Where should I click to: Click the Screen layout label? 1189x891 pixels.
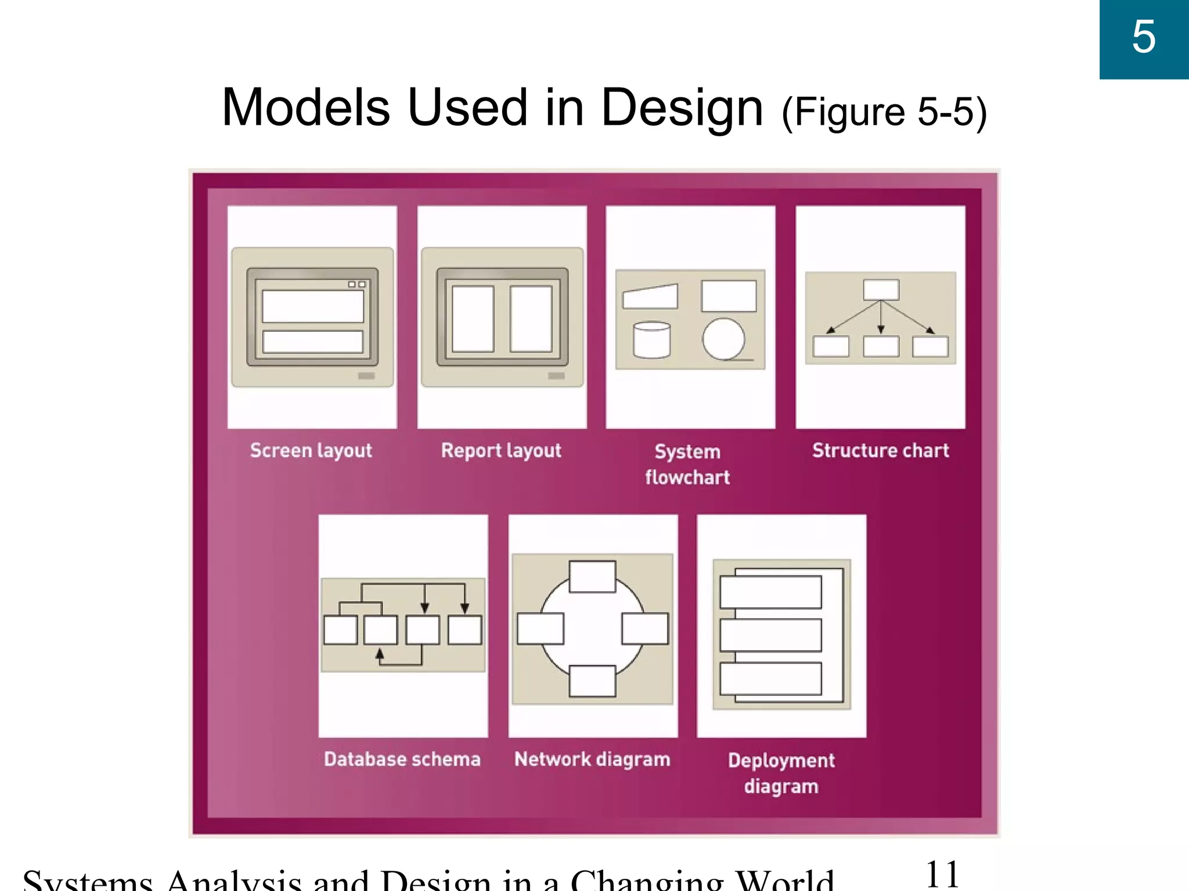pos(311,451)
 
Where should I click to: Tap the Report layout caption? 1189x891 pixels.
pos(501,451)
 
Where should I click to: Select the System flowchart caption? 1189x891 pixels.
pos(687,464)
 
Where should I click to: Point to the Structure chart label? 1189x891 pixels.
pos(880,451)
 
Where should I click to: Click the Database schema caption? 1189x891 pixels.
pos(402,759)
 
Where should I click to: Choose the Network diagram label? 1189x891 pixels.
pos(592,759)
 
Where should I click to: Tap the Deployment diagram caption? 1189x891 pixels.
pos(781,773)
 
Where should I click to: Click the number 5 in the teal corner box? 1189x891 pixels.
pos(1144,38)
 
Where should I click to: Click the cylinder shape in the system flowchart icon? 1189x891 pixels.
pos(651,340)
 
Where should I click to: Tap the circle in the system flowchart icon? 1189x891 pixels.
pos(723,339)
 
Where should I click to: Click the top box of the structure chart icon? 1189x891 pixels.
pos(881,290)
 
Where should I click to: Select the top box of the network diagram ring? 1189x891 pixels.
pos(592,577)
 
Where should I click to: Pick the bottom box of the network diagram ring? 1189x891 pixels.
pos(592,681)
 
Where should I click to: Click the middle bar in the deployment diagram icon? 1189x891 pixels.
pos(770,635)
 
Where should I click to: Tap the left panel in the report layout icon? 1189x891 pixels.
pos(473,318)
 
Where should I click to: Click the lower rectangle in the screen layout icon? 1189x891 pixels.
pos(313,342)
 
